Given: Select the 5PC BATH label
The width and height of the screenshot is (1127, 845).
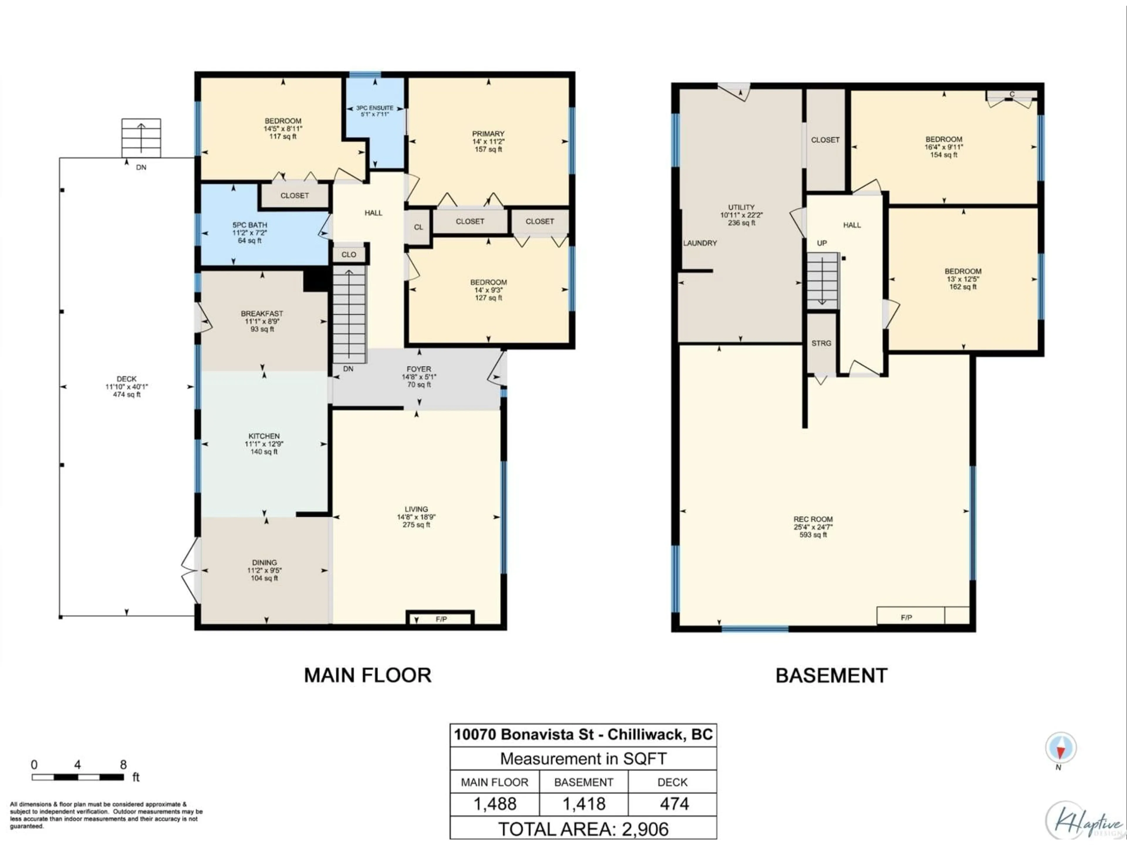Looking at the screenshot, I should point(250,225).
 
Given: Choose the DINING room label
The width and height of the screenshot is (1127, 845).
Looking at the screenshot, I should point(264,563).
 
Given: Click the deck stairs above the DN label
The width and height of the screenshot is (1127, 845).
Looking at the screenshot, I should point(141,138).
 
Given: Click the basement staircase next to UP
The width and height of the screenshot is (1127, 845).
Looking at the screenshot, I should point(822,280).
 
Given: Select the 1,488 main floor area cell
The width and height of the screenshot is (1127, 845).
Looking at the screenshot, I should point(495,804).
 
